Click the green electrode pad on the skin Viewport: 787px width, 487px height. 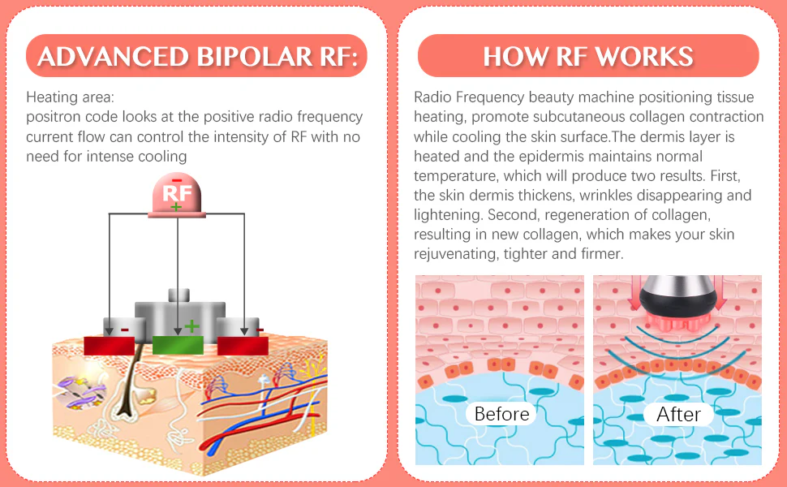tap(178, 345)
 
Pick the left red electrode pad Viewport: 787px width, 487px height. tap(109, 345)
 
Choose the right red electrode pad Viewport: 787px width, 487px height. tap(243, 345)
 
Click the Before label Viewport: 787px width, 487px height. tap(501, 414)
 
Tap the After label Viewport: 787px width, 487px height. tap(678, 414)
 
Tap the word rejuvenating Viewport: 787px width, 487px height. tap(458, 254)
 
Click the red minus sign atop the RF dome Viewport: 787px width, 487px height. tap(177, 179)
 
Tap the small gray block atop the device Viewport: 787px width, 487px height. tap(178, 295)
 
